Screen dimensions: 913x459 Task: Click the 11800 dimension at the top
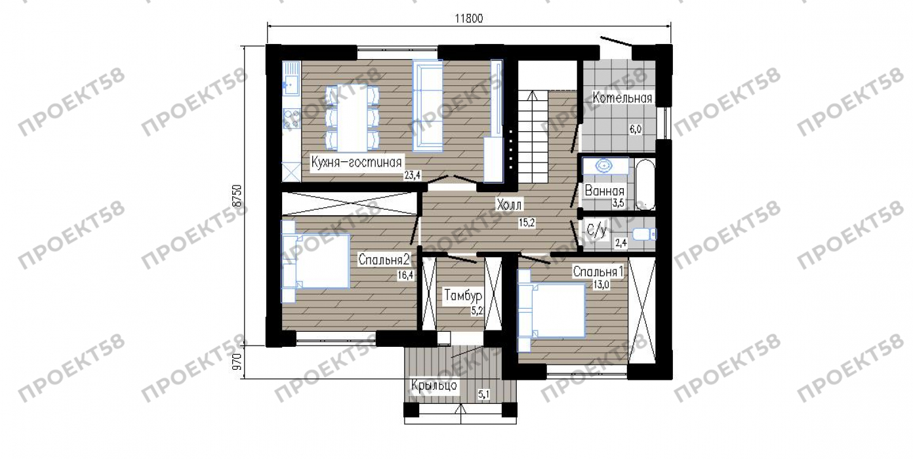(469, 18)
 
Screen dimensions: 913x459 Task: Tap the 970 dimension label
(237, 361)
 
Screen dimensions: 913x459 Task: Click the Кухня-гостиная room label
(356, 162)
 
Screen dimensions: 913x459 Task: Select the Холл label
(509, 205)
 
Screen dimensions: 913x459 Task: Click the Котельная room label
(622, 98)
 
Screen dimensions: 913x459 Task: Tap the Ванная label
(605, 191)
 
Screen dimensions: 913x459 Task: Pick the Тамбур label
(464, 295)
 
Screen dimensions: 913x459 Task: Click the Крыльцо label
(434, 385)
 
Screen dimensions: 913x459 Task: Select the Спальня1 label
(598, 271)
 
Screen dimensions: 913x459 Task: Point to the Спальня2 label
(384, 259)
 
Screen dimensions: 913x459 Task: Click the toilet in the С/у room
(644, 234)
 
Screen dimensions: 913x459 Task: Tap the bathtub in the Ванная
(645, 184)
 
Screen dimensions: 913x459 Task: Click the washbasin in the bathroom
(604, 166)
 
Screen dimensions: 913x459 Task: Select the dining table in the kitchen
(352, 118)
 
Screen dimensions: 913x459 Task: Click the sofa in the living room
(428, 106)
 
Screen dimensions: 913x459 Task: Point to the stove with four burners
(291, 118)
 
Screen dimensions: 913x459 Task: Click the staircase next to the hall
(533, 136)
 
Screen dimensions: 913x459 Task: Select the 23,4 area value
(413, 175)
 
